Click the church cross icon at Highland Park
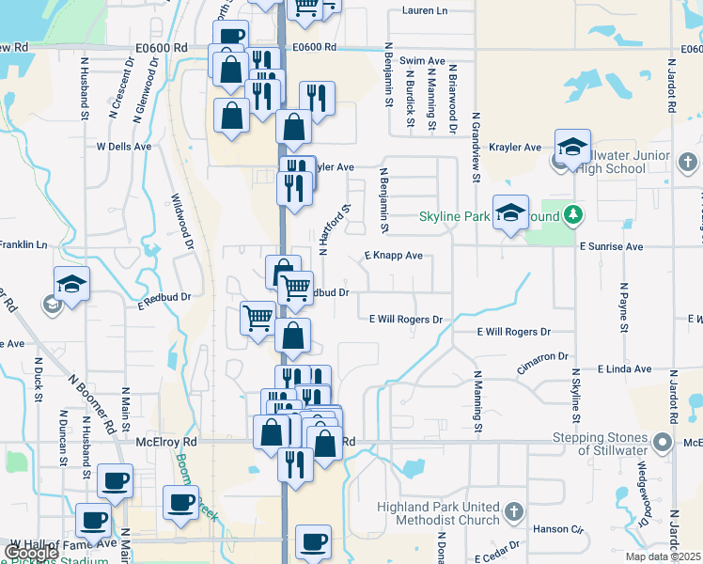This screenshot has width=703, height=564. point(513,512)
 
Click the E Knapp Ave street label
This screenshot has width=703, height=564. point(393,255)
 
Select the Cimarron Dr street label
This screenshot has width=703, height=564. point(543,358)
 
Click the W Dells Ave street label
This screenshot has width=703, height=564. point(123,147)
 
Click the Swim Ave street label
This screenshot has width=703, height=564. point(422,60)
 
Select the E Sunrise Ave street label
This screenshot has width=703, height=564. point(611,246)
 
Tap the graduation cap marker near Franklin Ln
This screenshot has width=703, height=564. point(71,284)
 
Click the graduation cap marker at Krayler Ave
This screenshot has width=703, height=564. point(572,147)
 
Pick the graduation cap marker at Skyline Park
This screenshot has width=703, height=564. point(510,212)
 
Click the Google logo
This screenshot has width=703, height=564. point(31,553)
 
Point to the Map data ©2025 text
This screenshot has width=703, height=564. point(663,556)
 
